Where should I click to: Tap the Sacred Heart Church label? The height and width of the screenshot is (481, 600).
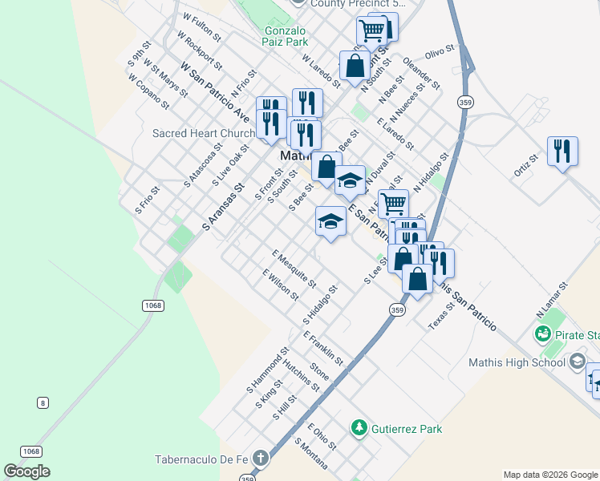204,133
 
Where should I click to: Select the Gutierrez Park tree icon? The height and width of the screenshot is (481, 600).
359,428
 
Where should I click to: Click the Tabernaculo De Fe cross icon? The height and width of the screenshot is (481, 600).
259,459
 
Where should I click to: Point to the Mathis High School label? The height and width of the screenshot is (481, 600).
518,362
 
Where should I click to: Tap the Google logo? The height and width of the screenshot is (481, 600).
26,471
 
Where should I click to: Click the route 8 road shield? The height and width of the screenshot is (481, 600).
42,401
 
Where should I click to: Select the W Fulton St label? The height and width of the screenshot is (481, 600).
201,26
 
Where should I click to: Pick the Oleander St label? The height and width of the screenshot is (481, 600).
422,72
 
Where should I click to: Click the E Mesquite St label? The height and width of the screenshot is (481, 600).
294,269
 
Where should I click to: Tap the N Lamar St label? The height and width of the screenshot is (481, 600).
552,297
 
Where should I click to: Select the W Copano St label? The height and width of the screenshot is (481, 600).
148,91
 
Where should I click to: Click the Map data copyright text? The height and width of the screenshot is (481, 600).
549,475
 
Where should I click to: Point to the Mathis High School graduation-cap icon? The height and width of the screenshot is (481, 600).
577,362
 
